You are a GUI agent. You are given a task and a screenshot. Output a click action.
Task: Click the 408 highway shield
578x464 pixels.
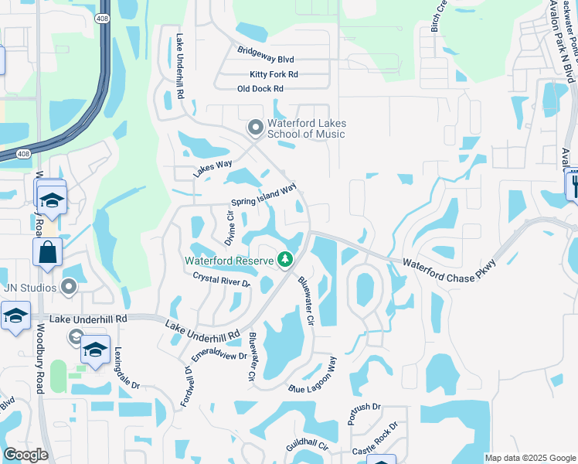(103, 17)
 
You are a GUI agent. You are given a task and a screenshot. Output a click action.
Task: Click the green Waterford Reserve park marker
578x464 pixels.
(286, 260)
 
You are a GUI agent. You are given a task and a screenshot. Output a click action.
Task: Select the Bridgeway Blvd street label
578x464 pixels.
(266, 59)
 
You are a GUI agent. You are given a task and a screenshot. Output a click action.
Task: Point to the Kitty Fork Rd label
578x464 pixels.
(274, 74)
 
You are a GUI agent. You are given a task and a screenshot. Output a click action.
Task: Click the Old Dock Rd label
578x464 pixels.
(260, 89)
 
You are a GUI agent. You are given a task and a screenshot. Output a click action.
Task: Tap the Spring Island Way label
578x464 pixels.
(263, 196)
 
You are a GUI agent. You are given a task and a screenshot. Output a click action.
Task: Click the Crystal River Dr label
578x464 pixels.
(222, 280)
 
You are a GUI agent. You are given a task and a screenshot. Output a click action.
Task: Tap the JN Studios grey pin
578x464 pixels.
(69, 288)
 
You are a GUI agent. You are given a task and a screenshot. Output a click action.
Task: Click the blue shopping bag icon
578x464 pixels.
(47, 252)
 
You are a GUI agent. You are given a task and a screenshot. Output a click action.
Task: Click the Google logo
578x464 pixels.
(25, 455)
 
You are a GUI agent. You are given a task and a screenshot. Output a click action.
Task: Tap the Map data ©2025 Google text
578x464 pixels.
(529, 458)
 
